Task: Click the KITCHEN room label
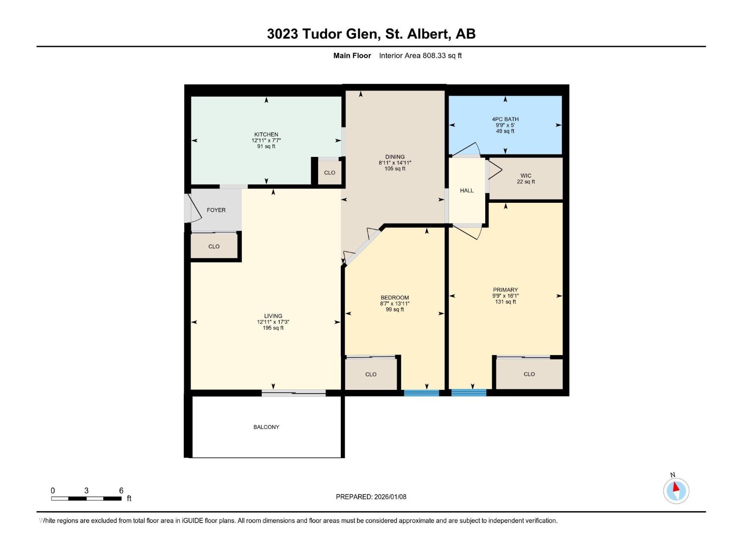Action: (x=266, y=135)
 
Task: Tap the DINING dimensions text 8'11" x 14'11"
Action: (x=395, y=163)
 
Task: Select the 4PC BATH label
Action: (x=505, y=119)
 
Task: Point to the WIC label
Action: (x=526, y=175)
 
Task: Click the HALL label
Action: (x=467, y=190)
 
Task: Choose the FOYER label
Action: (x=216, y=210)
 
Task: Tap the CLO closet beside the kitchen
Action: (x=330, y=173)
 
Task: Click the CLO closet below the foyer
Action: (x=214, y=246)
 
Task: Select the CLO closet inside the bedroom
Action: (x=371, y=374)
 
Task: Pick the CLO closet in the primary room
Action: (x=529, y=374)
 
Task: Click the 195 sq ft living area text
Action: (x=273, y=328)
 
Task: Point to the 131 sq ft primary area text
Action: (x=505, y=302)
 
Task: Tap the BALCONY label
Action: (x=266, y=427)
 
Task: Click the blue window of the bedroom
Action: (x=421, y=393)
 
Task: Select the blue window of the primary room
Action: (x=469, y=393)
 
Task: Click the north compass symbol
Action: (x=676, y=491)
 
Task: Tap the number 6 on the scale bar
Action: (x=121, y=491)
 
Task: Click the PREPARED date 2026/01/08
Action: (x=390, y=497)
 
